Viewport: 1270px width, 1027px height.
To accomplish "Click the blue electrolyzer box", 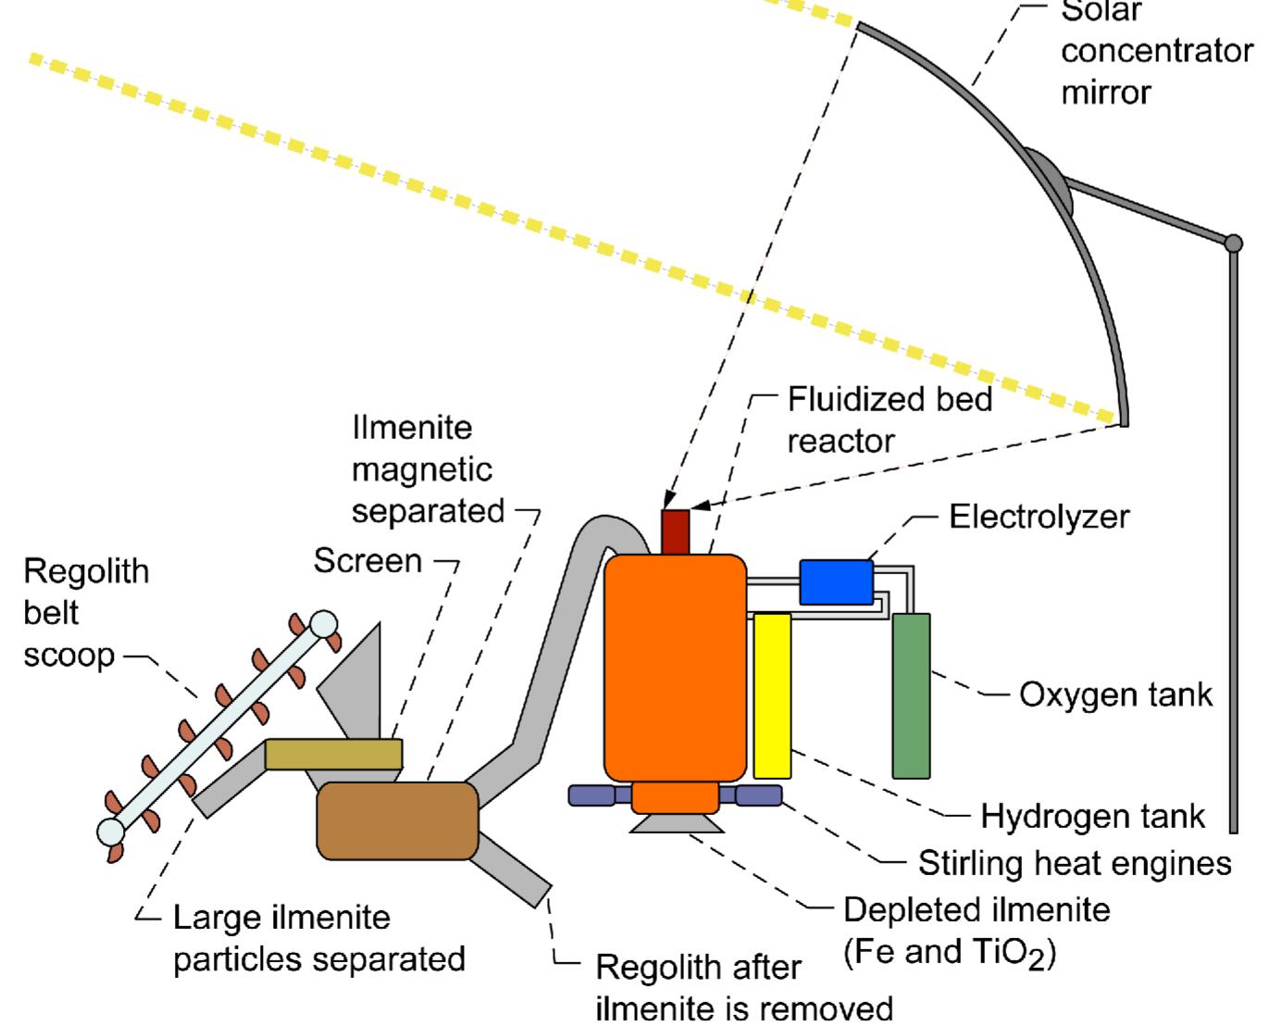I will tap(836, 582).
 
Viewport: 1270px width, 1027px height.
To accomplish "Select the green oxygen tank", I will tap(911, 695).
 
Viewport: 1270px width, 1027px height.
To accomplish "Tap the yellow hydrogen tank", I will tap(772, 695).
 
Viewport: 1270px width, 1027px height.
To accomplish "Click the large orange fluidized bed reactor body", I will tap(675, 668).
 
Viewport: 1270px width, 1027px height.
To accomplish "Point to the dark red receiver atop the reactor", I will tap(676, 532).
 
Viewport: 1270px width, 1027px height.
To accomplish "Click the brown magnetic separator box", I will tap(397, 820).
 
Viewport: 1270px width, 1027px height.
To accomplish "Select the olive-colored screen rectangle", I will tap(333, 754).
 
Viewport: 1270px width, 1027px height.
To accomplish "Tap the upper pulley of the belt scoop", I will tap(323, 624).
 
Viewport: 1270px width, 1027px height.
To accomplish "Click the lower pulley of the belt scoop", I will tap(111, 830).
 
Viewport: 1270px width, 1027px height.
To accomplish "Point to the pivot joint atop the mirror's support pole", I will tap(1233, 244).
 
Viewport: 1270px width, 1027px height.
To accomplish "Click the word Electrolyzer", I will tap(1039, 517).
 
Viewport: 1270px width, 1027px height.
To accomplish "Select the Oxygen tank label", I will tap(1115, 695).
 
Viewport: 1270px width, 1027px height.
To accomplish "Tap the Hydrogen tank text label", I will tap(1092, 817).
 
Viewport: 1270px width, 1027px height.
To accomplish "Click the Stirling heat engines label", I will tap(1074, 863).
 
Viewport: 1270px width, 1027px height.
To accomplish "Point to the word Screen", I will tap(367, 560).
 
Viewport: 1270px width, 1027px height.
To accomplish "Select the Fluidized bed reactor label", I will tap(889, 420).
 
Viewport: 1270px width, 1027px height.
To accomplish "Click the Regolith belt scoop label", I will tap(85, 612).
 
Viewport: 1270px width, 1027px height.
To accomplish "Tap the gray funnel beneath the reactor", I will tap(677, 823).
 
